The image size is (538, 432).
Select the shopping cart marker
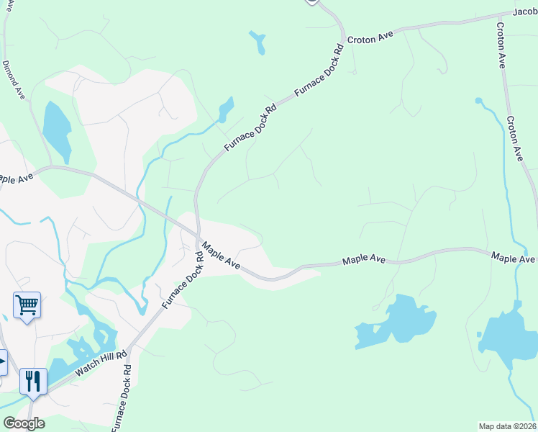click(27, 305)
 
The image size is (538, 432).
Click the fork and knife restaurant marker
click(33, 381)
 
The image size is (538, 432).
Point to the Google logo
click(24, 423)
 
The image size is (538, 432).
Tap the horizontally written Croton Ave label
click(372, 37)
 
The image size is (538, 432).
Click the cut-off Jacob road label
click(525, 12)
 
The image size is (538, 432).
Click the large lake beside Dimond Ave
click(57, 131)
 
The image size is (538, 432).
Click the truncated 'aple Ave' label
click(16, 178)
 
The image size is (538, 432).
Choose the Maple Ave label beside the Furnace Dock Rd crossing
click(220, 256)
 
